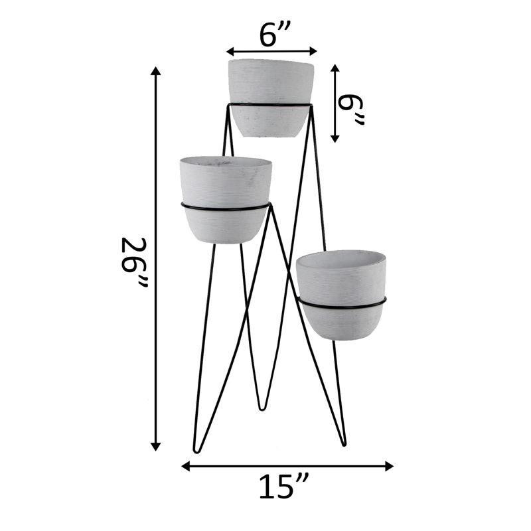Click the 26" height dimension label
[135, 263]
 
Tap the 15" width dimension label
[284, 487]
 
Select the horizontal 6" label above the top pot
[275, 35]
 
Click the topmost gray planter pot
[271, 98]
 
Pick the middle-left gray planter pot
[226, 200]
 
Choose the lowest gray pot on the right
[341, 295]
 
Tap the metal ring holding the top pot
[270, 106]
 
